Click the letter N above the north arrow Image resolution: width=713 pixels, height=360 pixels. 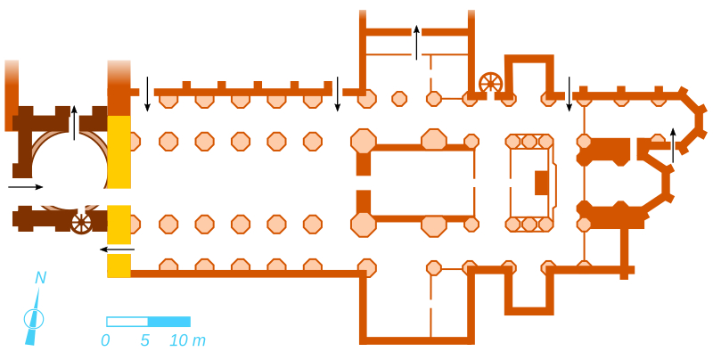tap(40, 278)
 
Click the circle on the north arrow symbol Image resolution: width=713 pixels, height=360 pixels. tap(34, 319)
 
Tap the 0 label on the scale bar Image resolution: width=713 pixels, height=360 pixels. tap(106, 340)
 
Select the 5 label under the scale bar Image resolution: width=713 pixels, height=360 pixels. tap(145, 340)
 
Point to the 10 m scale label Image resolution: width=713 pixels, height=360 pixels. tap(187, 340)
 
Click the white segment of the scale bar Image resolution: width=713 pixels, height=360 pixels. tap(127, 322)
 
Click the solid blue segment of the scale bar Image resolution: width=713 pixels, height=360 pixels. tap(169, 322)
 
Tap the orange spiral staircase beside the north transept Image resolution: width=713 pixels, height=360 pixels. tap(490, 84)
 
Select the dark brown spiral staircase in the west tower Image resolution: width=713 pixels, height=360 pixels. tap(81, 223)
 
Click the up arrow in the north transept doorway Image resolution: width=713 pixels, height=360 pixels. tap(416, 42)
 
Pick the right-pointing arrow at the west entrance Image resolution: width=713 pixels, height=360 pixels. tap(25, 187)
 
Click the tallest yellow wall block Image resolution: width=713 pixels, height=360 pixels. tap(119, 151)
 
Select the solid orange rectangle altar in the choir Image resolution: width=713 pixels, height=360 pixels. tap(541, 183)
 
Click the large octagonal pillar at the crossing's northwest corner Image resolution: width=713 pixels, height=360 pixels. tap(364, 141)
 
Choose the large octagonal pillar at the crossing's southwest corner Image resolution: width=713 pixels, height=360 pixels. tap(364, 224)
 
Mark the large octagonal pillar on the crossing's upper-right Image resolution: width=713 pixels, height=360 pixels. tap(434, 140)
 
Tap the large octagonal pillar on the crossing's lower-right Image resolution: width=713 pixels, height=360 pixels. tap(434, 225)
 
